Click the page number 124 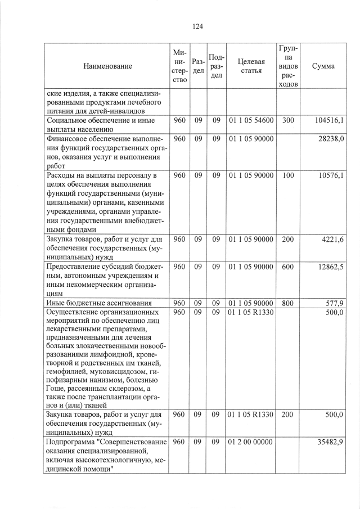click(197, 26)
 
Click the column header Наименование click(108, 66)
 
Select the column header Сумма click(323, 66)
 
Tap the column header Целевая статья click(251, 66)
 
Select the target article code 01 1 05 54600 click(251, 120)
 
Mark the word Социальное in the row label click(70, 120)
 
